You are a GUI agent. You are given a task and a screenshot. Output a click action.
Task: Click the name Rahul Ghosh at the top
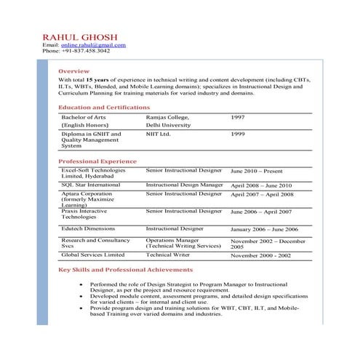click(80, 36)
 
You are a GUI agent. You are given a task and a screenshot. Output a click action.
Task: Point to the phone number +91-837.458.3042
click(87, 52)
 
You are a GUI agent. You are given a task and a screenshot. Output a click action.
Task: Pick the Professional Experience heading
click(97, 161)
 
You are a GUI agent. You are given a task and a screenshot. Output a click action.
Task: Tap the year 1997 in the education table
click(238, 117)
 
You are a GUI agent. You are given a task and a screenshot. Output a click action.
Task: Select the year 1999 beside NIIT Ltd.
click(238, 135)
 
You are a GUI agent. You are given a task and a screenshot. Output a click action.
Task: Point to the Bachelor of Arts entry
click(83, 117)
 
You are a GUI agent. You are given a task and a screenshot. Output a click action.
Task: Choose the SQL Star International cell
click(91, 185)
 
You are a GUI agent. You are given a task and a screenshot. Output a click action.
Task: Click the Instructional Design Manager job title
click(184, 185)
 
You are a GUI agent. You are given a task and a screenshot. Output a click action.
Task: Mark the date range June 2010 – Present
click(257, 171)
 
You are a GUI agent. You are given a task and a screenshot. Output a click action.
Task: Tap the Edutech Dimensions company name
click(88, 228)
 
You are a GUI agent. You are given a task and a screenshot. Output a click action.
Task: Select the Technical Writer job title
click(168, 255)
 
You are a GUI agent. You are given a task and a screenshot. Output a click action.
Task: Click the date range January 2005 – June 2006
click(264, 229)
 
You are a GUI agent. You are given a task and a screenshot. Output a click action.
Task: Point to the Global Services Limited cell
click(92, 255)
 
